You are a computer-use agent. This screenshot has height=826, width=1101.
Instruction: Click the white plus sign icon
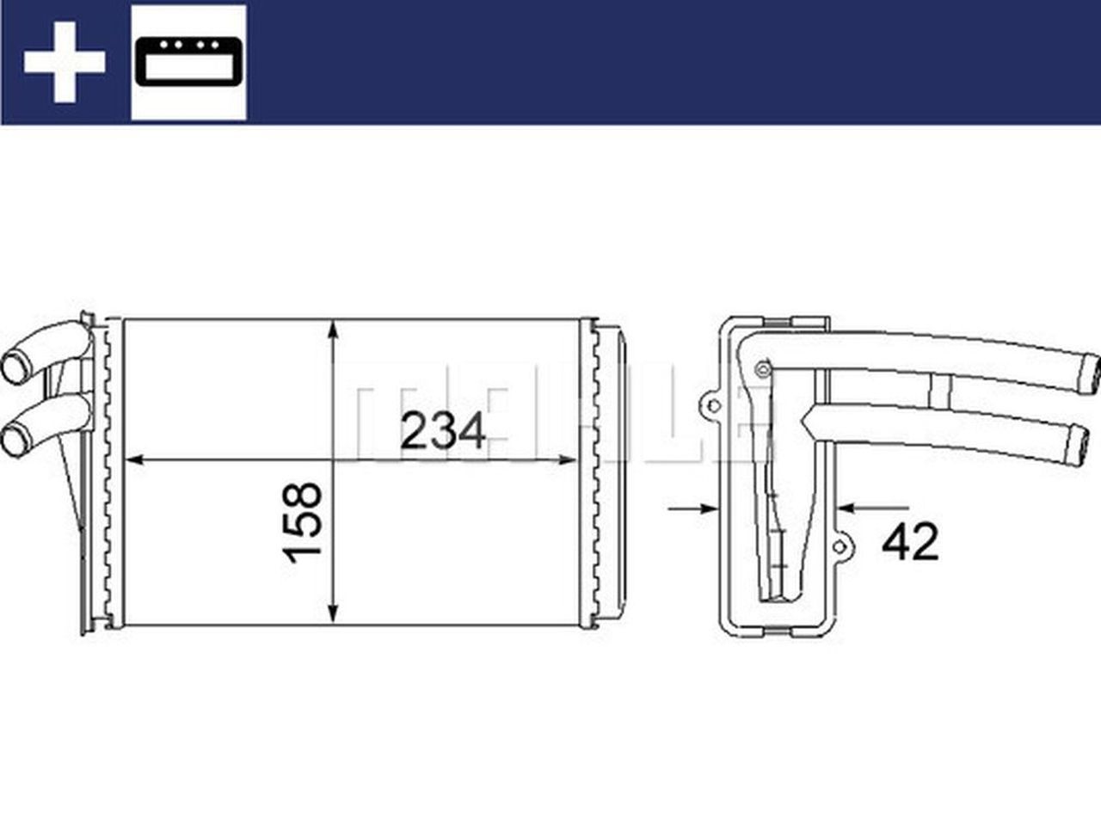click(x=65, y=62)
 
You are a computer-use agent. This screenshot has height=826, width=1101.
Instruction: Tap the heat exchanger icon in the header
click(x=188, y=62)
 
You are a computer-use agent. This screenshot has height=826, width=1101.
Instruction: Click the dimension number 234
click(x=444, y=431)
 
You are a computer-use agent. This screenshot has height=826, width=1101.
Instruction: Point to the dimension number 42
click(x=911, y=542)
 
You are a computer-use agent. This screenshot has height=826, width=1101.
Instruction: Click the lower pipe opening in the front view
click(x=15, y=442)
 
